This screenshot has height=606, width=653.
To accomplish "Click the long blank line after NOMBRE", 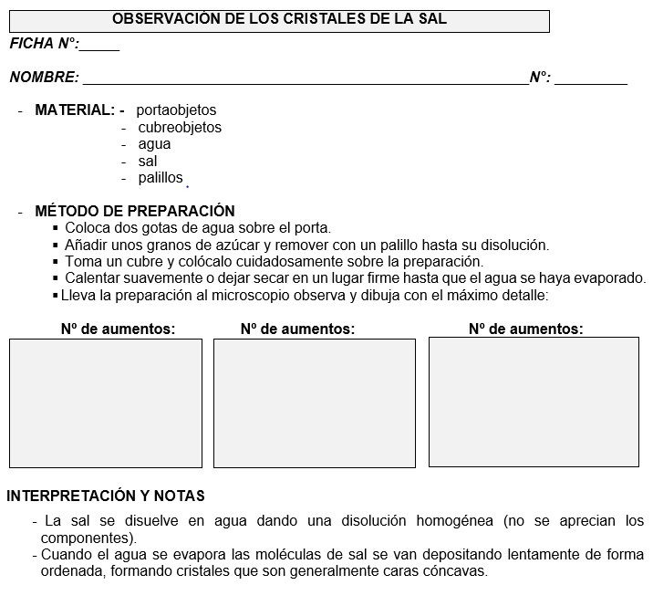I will (305, 81).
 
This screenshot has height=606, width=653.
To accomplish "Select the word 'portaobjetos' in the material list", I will (177, 110).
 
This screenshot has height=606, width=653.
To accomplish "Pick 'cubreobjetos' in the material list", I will (180, 128).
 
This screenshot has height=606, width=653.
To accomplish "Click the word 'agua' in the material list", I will (154, 144).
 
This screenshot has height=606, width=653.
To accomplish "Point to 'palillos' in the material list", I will (161, 178).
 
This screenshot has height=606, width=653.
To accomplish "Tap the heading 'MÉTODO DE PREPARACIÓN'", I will (135, 211).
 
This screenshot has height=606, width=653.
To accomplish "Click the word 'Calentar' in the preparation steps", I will (93, 278).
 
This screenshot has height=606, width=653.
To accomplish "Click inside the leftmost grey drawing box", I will (106, 402).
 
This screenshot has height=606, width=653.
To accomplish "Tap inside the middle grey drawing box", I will (315, 402).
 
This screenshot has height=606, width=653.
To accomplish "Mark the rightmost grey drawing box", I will (533, 402).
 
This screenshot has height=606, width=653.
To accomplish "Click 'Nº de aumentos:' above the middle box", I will (298, 329).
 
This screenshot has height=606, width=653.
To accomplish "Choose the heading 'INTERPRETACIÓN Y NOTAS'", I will (106, 496).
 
